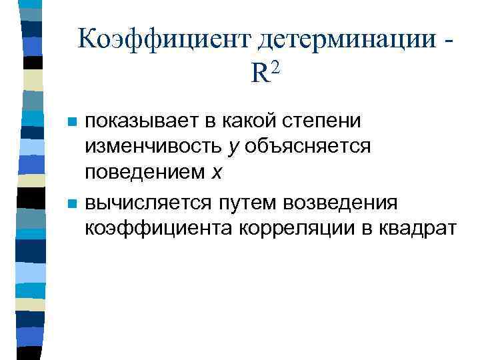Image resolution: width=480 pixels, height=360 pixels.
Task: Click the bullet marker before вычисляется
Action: pos(72,203)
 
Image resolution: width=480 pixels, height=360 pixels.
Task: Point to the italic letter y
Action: pos(231,147)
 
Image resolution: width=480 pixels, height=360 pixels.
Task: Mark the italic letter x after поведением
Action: pos(215,173)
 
